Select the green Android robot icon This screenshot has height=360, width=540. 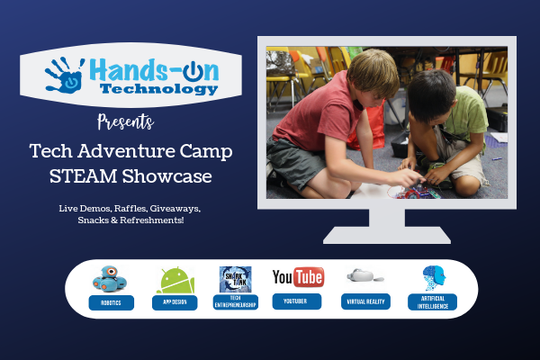pyautogui.click(x=174, y=279)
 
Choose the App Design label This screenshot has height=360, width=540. pyautogui.click(x=174, y=303)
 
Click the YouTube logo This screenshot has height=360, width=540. pyautogui.click(x=298, y=276)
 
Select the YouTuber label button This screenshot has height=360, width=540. pyautogui.click(x=298, y=303)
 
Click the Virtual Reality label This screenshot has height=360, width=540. pyautogui.click(x=364, y=303)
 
